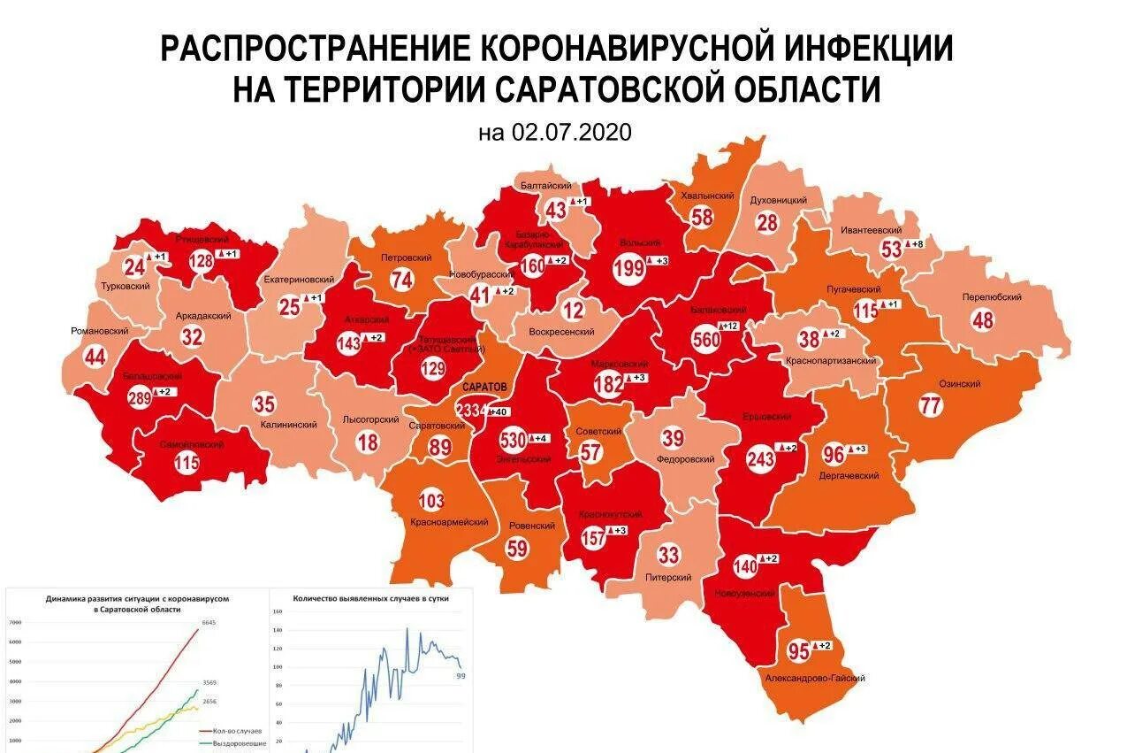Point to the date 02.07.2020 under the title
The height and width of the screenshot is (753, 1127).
pyautogui.click(x=555, y=133)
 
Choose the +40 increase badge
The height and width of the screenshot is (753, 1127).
pyautogui.click(x=498, y=411)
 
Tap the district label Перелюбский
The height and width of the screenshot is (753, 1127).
pyautogui.click(x=994, y=297)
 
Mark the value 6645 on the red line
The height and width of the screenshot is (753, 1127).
pyautogui.click(x=209, y=623)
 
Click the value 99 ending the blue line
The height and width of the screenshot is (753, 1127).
pyautogui.click(x=461, y=676)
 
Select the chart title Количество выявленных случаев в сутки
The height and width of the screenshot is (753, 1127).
pyautogui.click(x=371, y=599)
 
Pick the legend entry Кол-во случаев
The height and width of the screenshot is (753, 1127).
pyautogui.click(x=234, y=732)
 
